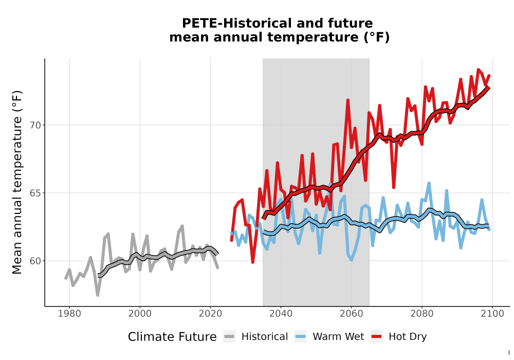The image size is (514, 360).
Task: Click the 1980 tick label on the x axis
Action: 69,314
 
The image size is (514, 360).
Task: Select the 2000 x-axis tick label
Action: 140,314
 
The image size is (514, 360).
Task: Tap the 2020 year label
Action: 210,314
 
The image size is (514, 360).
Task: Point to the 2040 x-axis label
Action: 281,314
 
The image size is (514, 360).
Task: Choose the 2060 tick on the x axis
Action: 352,314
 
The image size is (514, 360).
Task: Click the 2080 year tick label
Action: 422,314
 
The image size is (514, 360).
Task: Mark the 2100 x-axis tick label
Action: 492,314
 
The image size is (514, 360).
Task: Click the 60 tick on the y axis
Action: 36,261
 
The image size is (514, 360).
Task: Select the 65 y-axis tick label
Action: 36,193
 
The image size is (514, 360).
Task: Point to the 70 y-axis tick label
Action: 36,125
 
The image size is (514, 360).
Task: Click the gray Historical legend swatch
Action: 229,337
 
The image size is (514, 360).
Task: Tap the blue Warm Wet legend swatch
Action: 300,337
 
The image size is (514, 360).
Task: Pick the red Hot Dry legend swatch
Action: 376,337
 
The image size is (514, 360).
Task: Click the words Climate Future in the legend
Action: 172,337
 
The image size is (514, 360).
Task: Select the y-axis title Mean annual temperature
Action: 17,182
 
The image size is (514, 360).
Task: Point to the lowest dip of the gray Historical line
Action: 98,295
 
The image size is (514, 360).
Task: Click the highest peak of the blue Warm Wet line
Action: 429,183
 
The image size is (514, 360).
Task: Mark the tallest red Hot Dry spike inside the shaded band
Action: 348,100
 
